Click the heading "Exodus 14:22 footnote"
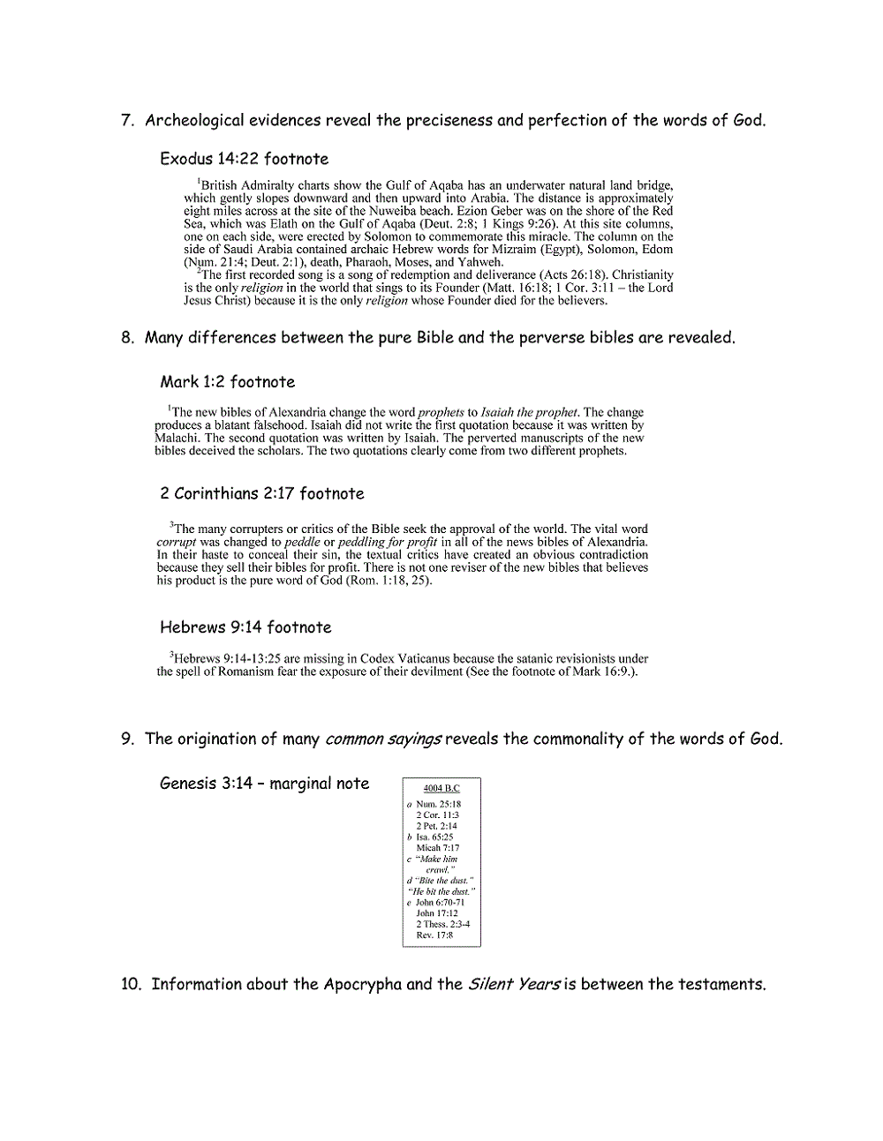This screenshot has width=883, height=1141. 244,159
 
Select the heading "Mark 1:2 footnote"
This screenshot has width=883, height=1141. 227,382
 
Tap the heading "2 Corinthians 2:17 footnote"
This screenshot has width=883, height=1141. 261,493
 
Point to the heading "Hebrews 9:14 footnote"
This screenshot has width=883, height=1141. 245,627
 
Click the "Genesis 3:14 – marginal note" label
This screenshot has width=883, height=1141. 264,784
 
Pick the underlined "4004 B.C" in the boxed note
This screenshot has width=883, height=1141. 441,788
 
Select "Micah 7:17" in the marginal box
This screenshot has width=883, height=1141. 438,848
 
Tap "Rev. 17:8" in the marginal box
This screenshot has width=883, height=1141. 434,935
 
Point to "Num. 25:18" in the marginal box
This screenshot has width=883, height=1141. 438,804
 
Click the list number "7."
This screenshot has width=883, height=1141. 127,121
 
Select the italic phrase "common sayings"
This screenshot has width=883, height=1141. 383,739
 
